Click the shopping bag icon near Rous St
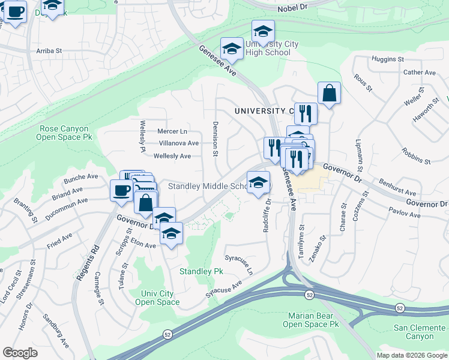329,94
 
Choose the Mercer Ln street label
172,131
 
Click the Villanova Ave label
178,143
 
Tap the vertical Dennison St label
214,139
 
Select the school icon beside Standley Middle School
258,182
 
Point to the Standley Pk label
201,272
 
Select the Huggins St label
388,59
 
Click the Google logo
20,353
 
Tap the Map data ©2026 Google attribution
411,355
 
